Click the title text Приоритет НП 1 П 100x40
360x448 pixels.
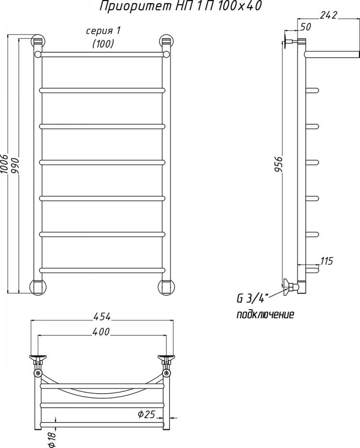click(x=180, y=6)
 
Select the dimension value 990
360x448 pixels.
click(x=15, y=164)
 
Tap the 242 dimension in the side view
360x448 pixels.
click(x=329, y=15)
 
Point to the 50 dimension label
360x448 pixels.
click(x=305, y=27)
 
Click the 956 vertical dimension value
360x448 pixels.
click(x=278, y=164)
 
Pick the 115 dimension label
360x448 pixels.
click(x=326, y=261)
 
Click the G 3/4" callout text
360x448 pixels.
click(x=252, y=299)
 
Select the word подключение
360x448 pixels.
click(x=265, y=315)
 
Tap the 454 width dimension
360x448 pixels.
click(x=101, y=316)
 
